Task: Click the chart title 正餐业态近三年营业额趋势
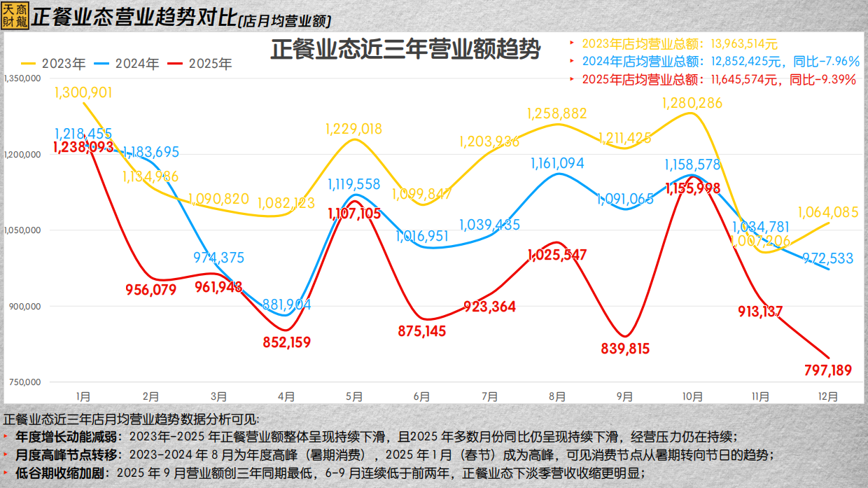pos(405,50)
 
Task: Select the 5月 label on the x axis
pos(354,396)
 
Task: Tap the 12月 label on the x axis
pos(828,396)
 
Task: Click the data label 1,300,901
pos(83,92)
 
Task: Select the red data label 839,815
pos(625,349)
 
